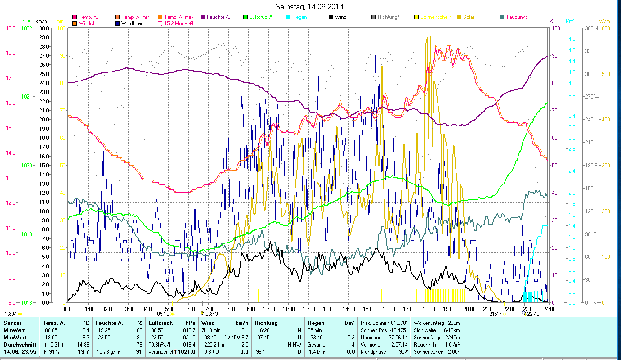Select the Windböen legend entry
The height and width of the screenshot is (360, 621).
click(x=132, y=23)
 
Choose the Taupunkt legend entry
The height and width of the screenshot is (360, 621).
click(x=516, y=17)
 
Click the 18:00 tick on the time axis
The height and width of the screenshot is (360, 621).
click(x=429, y=309)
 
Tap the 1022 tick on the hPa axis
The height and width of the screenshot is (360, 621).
click(x=27, y=28)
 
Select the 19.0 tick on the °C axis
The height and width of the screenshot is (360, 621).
click(x=10, y=28)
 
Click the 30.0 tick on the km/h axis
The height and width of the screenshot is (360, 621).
click(x=44, y=28)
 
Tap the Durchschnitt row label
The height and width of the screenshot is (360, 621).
click(x=18, y=344)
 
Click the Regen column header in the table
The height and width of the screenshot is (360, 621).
click(x=316, y=323)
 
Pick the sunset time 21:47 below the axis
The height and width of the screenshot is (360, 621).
click(x=495, y=314)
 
